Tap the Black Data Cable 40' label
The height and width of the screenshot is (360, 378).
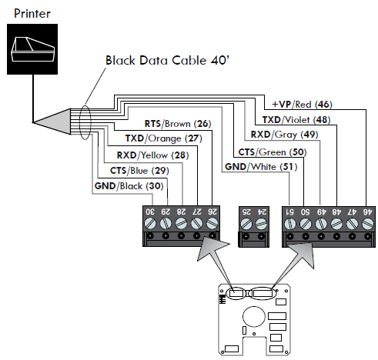[x=147, y=60]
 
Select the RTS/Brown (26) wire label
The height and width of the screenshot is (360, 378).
[x=178, y=124]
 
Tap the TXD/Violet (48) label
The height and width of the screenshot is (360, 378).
[x=296, y=119]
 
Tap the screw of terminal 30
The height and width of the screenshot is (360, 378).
[x=152, y=224]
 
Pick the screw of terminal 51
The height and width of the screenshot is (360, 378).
[x=290, y=224]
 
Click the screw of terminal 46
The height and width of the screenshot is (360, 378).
[x=366, y=224]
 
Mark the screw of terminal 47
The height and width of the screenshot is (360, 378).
[x=350, y=224]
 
